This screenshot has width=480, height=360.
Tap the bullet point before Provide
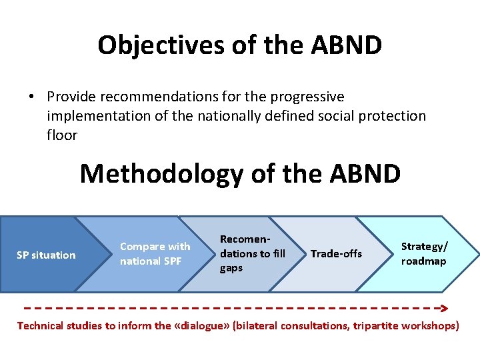(32, 97)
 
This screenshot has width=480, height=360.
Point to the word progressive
(305, 97)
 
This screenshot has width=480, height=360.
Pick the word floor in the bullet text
(62, 135)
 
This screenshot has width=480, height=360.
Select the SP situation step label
(46, 255)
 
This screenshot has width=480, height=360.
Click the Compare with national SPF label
(155, 253)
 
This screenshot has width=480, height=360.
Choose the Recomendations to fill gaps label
(252, 253)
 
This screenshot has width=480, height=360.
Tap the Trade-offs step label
(336, 254)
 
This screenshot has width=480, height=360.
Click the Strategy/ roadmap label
(424, 253)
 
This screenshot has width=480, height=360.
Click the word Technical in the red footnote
(40, 325)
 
